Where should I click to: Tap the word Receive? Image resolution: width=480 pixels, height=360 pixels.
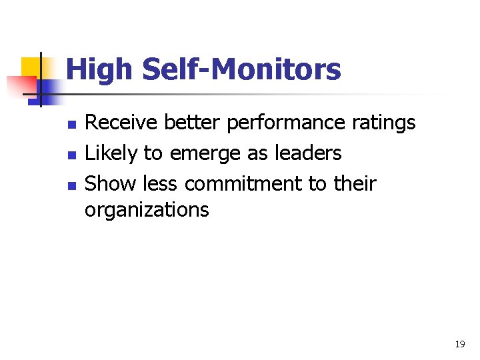(x=121, y=123)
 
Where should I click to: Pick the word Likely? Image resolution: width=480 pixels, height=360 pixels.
(x=111, y=153)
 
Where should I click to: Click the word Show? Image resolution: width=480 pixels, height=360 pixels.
(x=111, y=183)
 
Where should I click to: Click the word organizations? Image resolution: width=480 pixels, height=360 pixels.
(x=147, y=211)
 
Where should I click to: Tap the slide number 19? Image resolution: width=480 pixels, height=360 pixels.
(x=459, y=344)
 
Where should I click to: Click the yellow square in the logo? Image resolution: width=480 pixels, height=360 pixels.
(x=31, y=67)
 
